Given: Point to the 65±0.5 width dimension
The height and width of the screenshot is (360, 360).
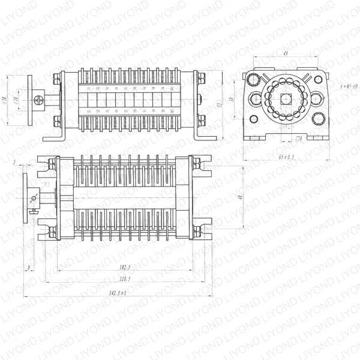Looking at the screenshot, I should click(287, 157).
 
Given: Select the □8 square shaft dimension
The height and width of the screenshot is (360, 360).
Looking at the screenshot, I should click(298, 139).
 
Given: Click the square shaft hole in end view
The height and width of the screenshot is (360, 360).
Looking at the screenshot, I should click(285, 100).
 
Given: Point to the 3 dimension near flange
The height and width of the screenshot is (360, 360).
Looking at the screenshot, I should click(13, 163).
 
